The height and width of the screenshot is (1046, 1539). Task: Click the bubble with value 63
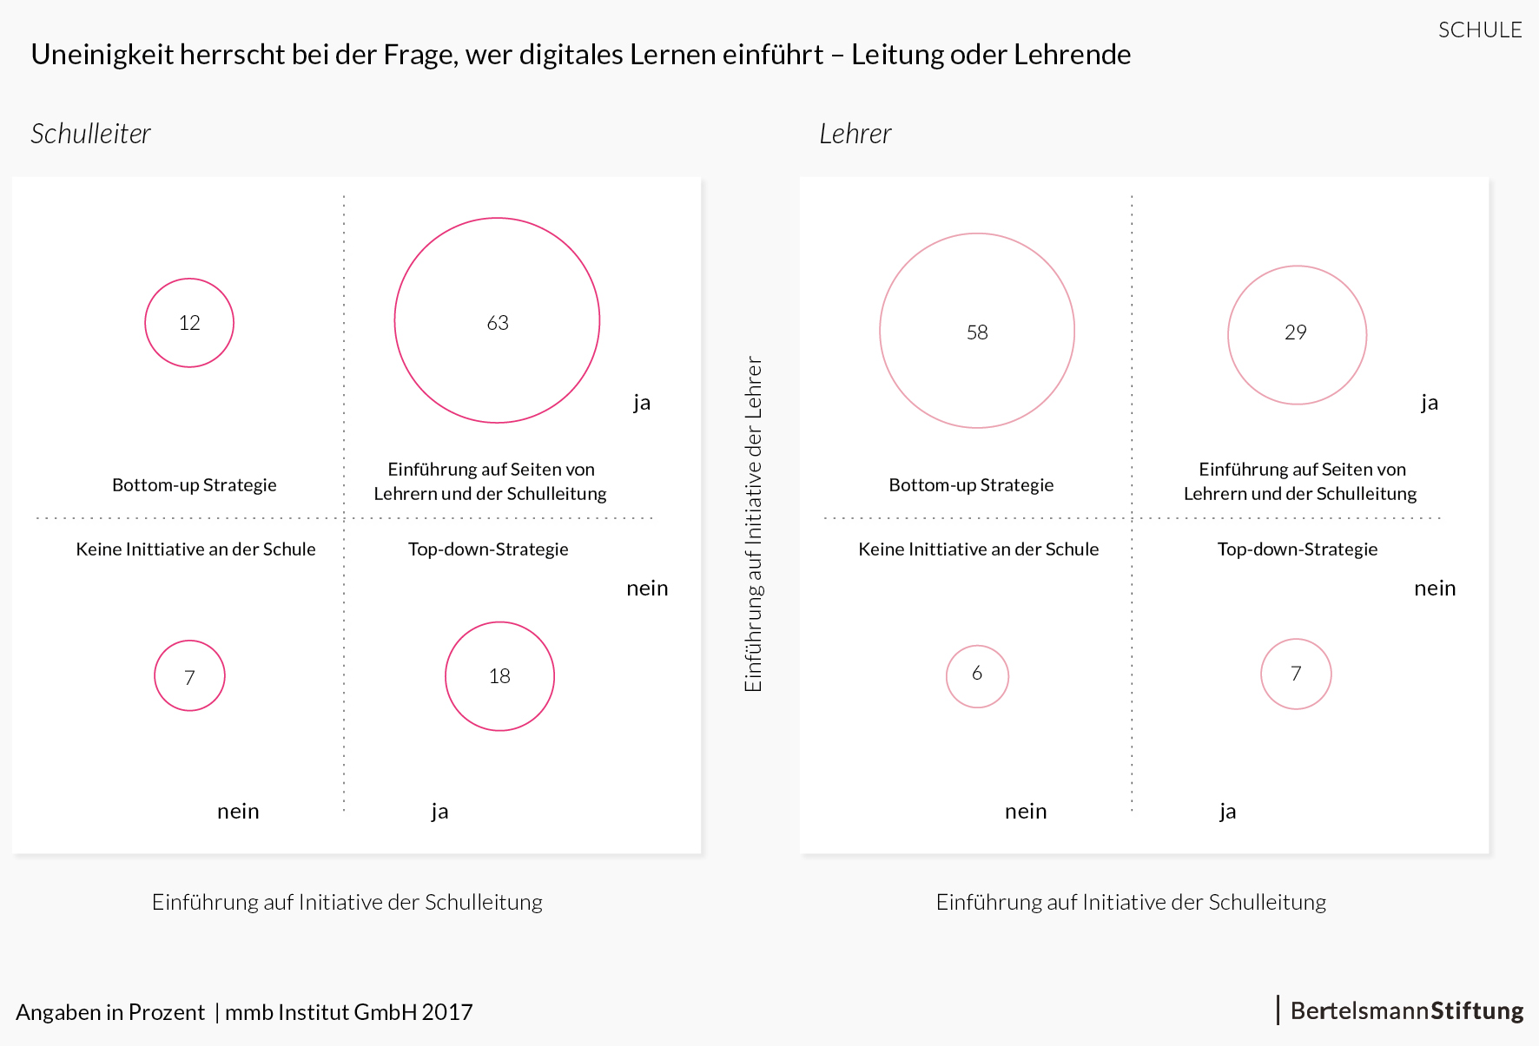tap(497, 320)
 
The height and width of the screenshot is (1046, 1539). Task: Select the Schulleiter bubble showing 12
tap(189, 323)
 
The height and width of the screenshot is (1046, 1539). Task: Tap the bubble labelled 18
tap(499, 676)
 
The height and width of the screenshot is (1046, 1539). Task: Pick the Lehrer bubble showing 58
tap(977, 331)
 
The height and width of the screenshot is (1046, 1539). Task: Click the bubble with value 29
tap(1297, 334)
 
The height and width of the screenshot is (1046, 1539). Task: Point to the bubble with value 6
tap(977, 676)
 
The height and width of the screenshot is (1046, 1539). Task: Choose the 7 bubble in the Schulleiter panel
tap(189, 675)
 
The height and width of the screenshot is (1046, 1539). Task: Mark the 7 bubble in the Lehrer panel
tap(1296, 674)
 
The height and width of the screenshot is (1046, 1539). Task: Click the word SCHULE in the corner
tap(1479, 30)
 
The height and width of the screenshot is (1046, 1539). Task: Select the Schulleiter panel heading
tap(90, 134)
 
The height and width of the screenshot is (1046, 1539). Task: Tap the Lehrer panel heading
tap(855, 134)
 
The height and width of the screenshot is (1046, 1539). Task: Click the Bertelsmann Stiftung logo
tap(1406, 1010)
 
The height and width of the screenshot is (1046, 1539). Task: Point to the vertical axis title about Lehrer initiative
tap(753, 523)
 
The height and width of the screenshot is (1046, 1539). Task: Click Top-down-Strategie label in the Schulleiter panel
tap(488, 549)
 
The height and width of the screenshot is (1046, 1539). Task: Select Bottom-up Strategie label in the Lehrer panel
tap(971, 484)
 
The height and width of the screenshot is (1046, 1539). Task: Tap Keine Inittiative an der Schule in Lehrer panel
tap(978, 549)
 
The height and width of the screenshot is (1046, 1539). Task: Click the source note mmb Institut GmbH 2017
tap(348, 1012)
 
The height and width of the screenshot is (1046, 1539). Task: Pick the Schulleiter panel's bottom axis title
tap(347, 902)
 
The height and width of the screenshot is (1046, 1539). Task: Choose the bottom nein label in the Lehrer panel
tap(1026, 811)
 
